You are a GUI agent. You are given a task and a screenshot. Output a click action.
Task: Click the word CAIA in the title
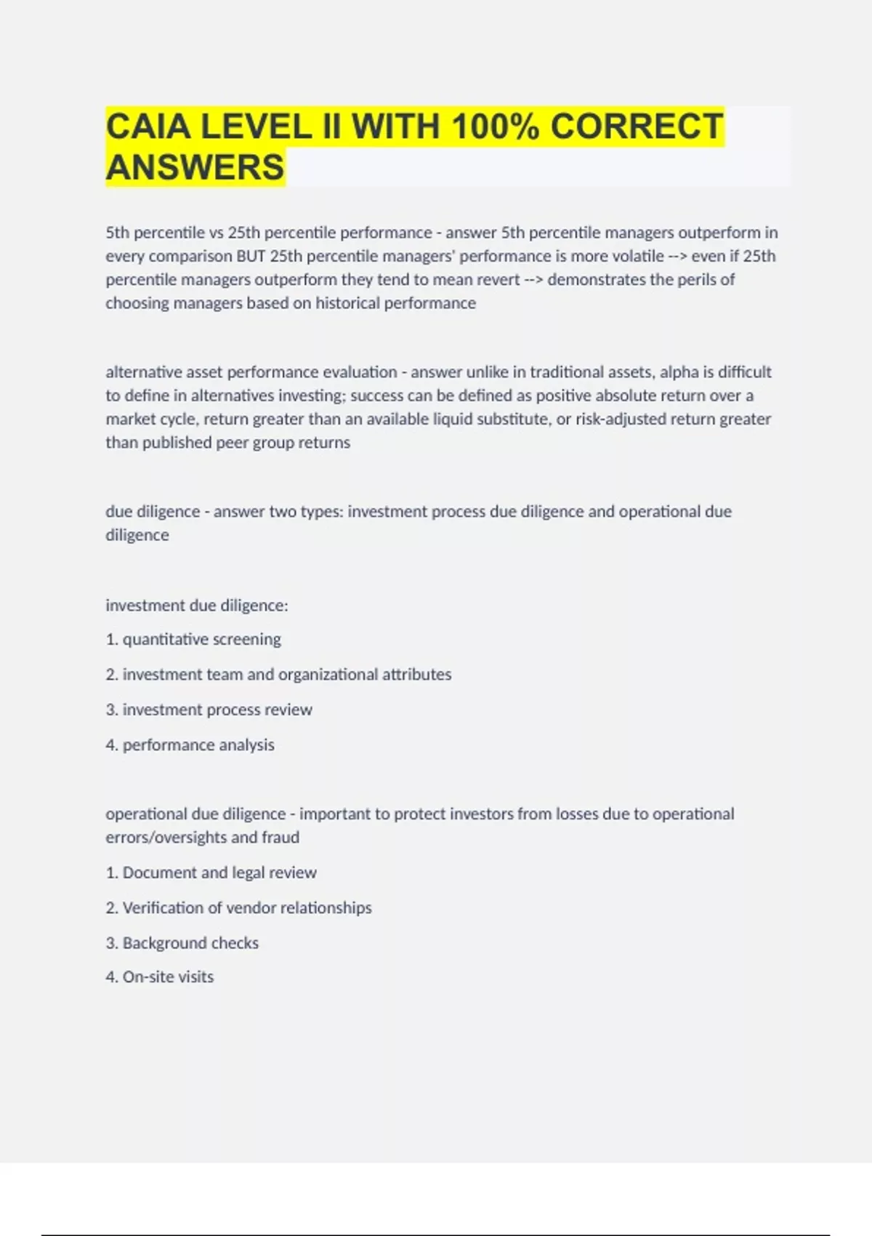148,127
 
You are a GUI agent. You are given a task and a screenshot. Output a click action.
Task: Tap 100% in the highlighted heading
495,127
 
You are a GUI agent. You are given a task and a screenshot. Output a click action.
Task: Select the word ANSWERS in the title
195,167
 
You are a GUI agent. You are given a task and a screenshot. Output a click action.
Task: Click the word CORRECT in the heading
637,127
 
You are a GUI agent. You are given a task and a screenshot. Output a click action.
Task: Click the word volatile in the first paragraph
639,256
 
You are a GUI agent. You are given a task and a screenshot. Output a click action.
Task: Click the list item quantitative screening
201,639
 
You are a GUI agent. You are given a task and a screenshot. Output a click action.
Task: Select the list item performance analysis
198,745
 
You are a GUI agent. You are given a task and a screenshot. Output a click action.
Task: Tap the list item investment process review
217,710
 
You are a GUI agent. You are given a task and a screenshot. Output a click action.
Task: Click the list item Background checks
190,943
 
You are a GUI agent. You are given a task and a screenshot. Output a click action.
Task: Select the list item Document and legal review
219,872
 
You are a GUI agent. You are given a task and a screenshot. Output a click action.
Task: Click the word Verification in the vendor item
163,908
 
